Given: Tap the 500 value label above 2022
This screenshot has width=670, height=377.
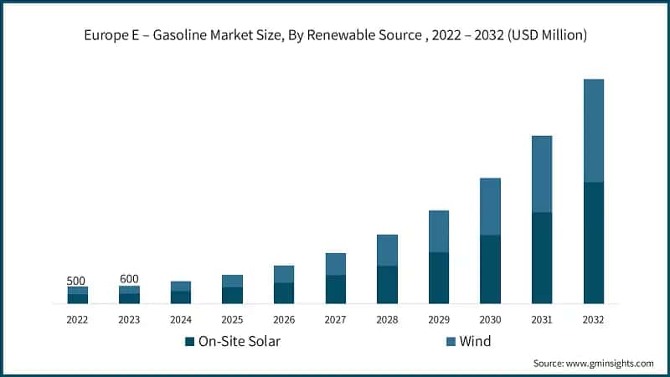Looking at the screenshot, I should pos(77,281).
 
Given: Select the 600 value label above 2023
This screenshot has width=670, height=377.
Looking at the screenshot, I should pos(129,279).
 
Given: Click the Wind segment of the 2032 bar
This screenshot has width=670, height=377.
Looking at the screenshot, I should pos(593,130).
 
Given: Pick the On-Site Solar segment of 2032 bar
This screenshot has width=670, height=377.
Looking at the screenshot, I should pos(593,242).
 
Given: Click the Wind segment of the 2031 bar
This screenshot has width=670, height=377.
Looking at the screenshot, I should pos(542,173).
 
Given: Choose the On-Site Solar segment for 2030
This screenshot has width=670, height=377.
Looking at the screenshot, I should pos(490,269).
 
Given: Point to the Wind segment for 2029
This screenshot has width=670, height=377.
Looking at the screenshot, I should pos(439,231).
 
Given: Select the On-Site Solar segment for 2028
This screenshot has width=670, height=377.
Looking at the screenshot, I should pos(387,284).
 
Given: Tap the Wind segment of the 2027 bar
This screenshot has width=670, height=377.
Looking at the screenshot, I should pos(336,264).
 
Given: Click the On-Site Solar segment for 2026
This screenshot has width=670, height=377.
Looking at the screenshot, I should pos(284,292).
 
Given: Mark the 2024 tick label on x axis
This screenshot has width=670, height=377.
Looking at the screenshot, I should pos(181,319).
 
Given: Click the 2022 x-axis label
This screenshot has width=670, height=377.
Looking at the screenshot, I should pos(77,319).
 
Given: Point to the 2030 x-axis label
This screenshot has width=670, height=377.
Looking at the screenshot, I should pos(490,319).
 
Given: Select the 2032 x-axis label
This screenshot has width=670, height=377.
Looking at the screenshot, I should pos(593,319).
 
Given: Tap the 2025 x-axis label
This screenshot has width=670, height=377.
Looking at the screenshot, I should pos(232,319).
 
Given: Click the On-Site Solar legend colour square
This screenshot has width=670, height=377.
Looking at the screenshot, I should pos(189,342).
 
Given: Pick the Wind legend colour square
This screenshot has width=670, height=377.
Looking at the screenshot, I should pos(451,342).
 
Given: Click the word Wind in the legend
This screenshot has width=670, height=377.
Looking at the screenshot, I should pos(475,342).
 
